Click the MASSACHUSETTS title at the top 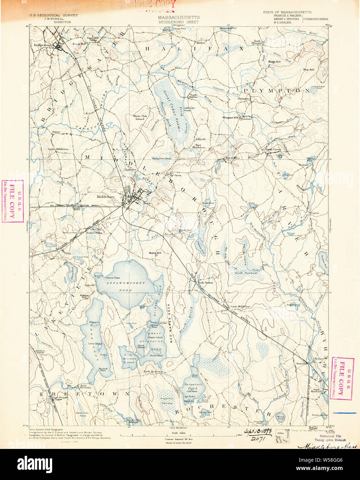click(x=179, y=17)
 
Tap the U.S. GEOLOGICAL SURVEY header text click(x=54, y=15)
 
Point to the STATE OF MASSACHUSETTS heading click(x=287, y=12)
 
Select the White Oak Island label click(x=140, y=117)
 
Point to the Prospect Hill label click(x=230, y=118)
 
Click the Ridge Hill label click(x=274, y=62)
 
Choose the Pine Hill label click(x=309, y=70)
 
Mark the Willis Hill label click(x=155, y=253)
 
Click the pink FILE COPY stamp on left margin click(x=12, y=201)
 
